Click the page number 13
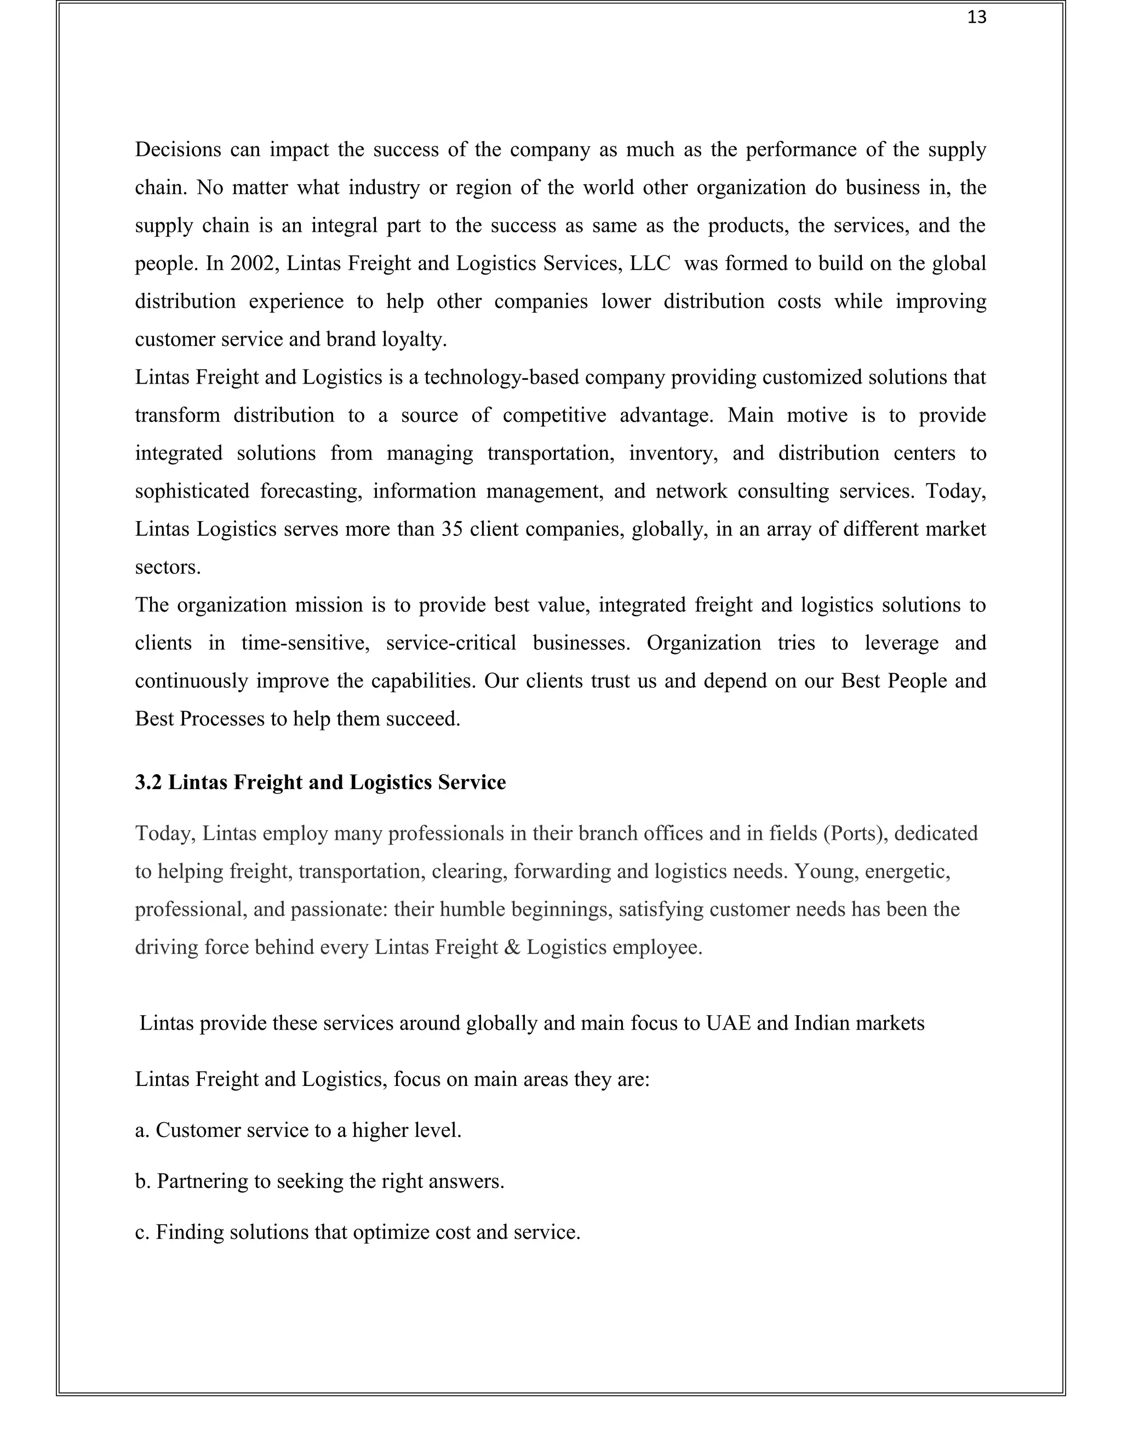(976, 18)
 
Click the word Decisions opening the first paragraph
(178, 150)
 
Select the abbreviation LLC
(650, 264)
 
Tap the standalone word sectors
(168, 568)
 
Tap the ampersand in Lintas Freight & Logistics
(512, 947)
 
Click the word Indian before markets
(822, 1023)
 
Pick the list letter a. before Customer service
(142, 1130)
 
